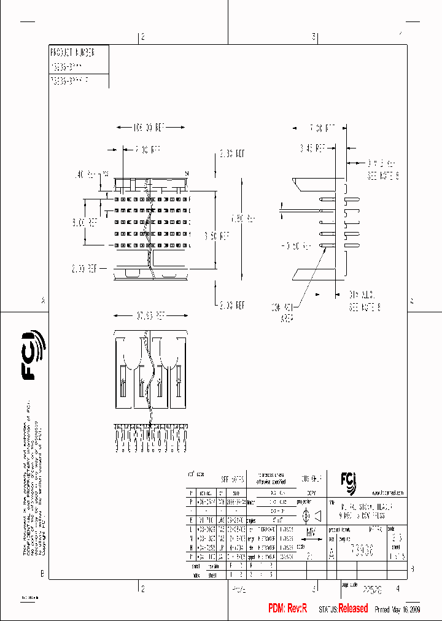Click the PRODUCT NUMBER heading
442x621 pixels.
coord(72,53)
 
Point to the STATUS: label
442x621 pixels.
coord(328,609)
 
